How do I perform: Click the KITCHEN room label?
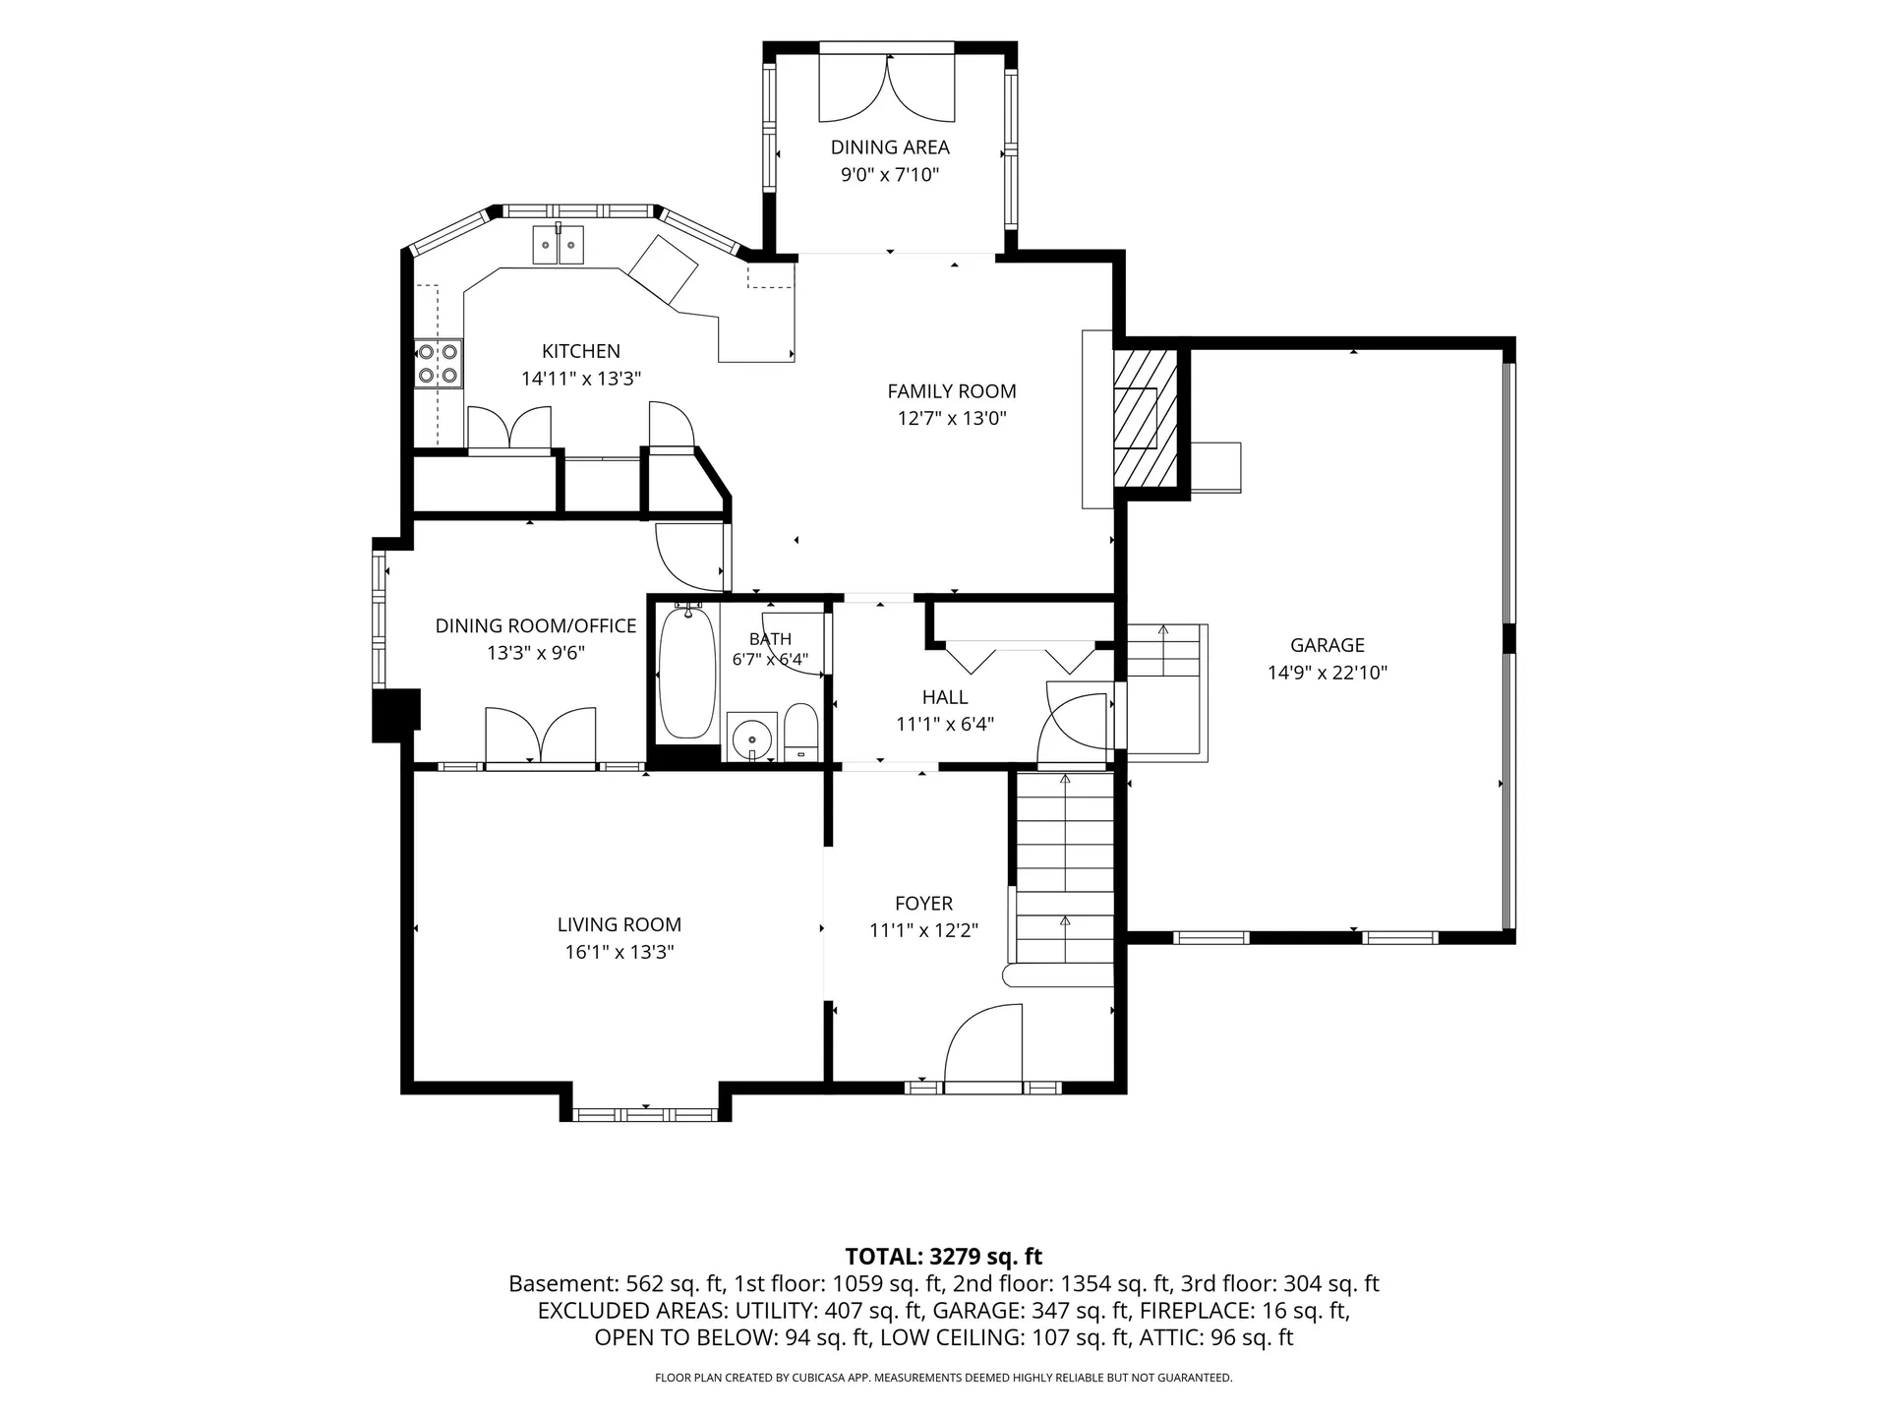pos(581,351)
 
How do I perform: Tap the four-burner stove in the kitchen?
pos(439,363)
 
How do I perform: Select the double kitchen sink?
pos(559,245)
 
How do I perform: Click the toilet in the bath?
pos(801,733)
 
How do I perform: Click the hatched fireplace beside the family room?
pos(1145,417)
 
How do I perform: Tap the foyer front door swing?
pos(983,1044)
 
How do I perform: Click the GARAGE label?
pos(1327,645)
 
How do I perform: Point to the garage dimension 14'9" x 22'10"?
pos(1327,673)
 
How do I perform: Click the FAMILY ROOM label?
pos(952,391)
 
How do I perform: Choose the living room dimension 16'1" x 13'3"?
pos(619,952)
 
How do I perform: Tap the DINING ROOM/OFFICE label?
pos(536,625)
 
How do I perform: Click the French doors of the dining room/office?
pos(541,735)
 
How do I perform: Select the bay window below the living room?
pos(646,1114)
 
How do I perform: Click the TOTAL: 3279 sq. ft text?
pos(944,1257)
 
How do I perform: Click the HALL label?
pos(945,697)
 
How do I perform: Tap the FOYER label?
pos(924,904)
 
